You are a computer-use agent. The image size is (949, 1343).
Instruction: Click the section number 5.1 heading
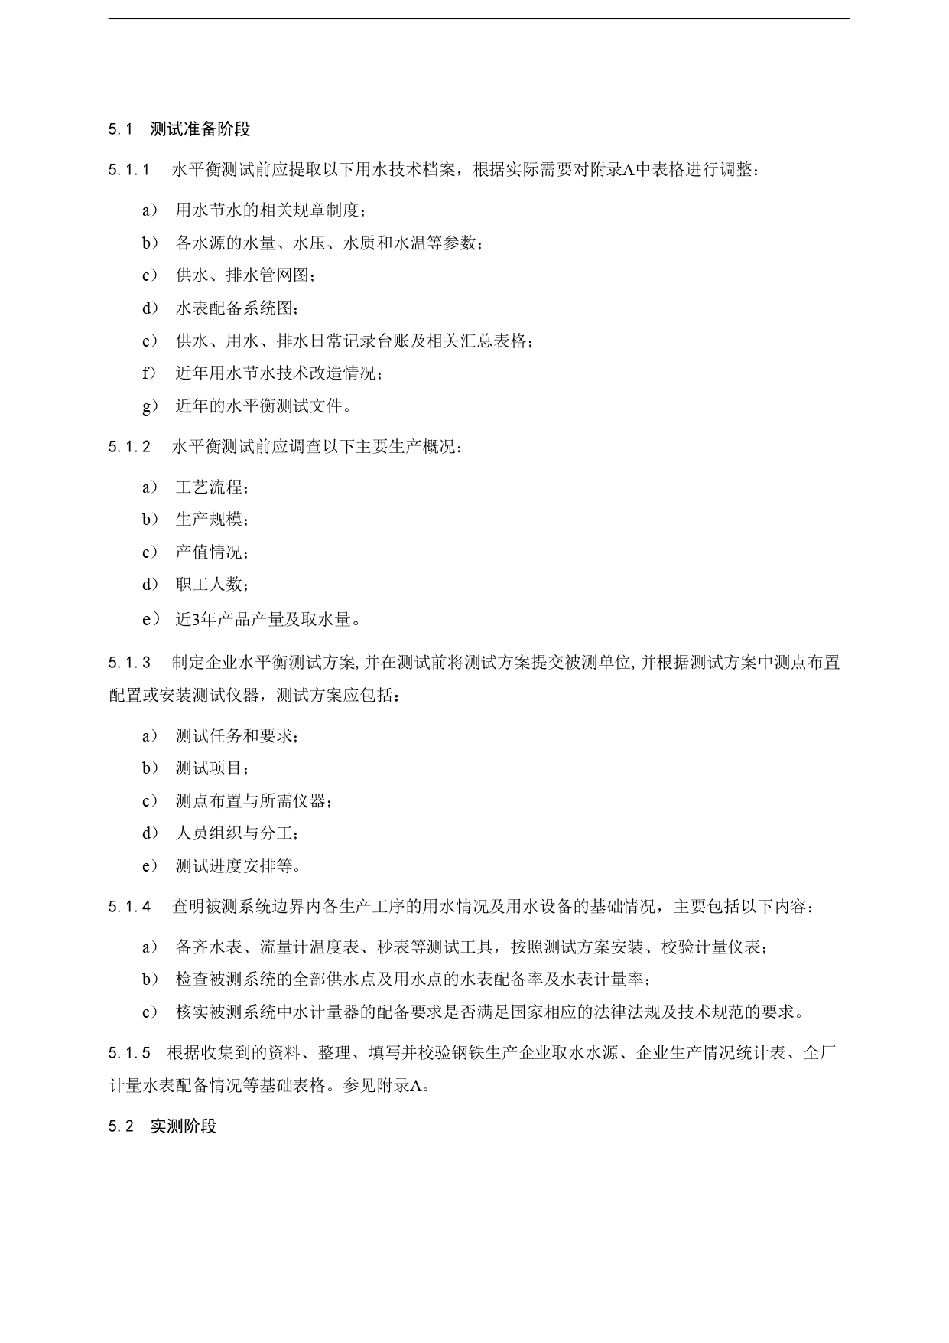(x=121, y=129)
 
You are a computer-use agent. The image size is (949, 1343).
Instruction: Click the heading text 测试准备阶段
(x=200, y=129)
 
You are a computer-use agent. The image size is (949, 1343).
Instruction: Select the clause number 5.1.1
(x=129, y=170)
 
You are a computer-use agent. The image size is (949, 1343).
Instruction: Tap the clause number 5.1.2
(x=129, y=447)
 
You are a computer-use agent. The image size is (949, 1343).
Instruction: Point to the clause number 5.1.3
(x=129, y=663)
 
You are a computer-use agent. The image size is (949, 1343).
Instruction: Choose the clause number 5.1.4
(x=129, y=907)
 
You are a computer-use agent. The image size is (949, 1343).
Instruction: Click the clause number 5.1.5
(x=129, y=1053)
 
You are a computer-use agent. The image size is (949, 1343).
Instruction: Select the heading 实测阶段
(x=184, y=1126)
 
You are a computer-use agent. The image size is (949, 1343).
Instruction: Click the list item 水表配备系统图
(x=236, y=308)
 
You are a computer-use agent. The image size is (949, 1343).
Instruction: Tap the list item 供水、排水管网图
(x=245, y=275)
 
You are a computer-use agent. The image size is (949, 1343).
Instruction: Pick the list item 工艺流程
(x=212, y=487)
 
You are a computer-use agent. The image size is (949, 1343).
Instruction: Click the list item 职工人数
(x=212, y=585)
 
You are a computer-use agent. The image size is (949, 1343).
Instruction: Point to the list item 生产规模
(x=212, y=520)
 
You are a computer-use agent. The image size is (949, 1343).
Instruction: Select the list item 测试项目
(x=212, y=768)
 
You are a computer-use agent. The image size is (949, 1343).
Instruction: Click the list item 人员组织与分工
(x=236, y=833)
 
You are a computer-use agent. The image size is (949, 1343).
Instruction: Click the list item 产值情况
(x=212, y=553)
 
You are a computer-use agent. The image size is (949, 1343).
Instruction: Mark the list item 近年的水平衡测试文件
(x=263, y=406)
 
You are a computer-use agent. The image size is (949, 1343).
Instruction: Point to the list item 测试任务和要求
(x=236, y=736)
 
